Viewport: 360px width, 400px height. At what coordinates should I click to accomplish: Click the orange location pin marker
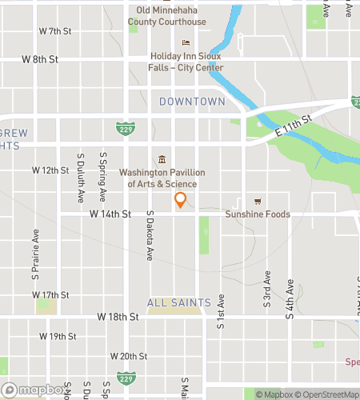[181, 199]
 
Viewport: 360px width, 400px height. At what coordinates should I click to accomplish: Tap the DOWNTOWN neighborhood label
[192, 102]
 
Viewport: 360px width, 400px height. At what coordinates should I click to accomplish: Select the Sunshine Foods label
[257, 214]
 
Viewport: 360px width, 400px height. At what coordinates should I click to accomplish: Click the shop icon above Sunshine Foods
[257, 201]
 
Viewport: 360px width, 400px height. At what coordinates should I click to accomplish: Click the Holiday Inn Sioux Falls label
[187, 62]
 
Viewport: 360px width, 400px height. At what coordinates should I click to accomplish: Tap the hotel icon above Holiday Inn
[186, 43]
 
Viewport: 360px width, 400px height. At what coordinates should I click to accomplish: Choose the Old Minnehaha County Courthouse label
[171, 17]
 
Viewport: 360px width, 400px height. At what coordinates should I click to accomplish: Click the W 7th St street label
[55, 31]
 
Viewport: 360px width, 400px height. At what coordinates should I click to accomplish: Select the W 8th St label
[40, 59]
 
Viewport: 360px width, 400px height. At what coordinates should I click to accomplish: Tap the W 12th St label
[50, 170]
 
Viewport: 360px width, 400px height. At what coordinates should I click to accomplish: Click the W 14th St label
[110, 214]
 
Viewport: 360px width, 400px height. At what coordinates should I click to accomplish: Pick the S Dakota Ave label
[150, 237]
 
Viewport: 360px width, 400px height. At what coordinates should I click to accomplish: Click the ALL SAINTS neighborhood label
[179, 302]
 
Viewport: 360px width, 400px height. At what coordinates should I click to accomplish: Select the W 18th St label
[118, 317]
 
